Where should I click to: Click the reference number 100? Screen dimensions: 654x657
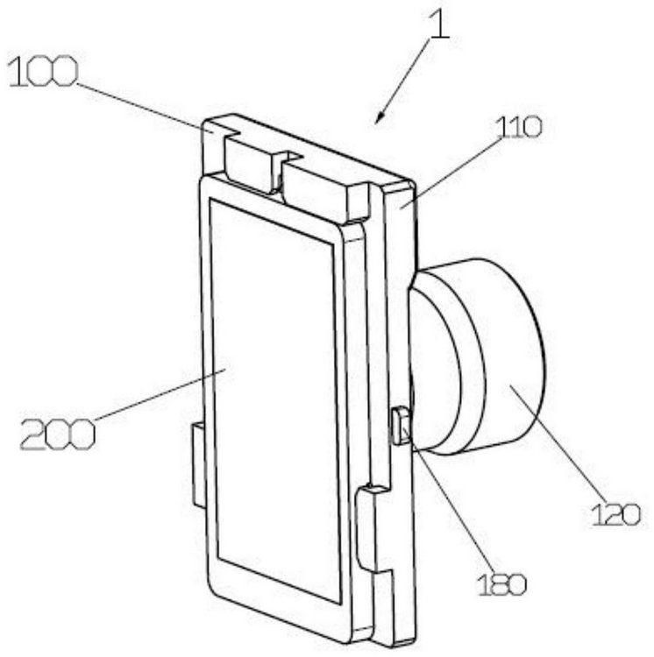tap(43, 73)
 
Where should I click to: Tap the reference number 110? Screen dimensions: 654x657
tap(519, 127)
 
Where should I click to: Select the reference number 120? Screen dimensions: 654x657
tap(616, 514)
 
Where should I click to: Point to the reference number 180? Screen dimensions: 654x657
tap(501, 584)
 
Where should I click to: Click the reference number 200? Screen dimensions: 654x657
tap(58, 434)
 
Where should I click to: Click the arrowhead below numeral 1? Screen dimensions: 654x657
tap(380, 117)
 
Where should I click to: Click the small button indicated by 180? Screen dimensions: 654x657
tap(401, 425)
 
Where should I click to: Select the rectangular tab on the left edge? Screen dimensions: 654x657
tap(199, 465)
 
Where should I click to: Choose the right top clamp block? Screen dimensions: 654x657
tap(323, 191)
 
